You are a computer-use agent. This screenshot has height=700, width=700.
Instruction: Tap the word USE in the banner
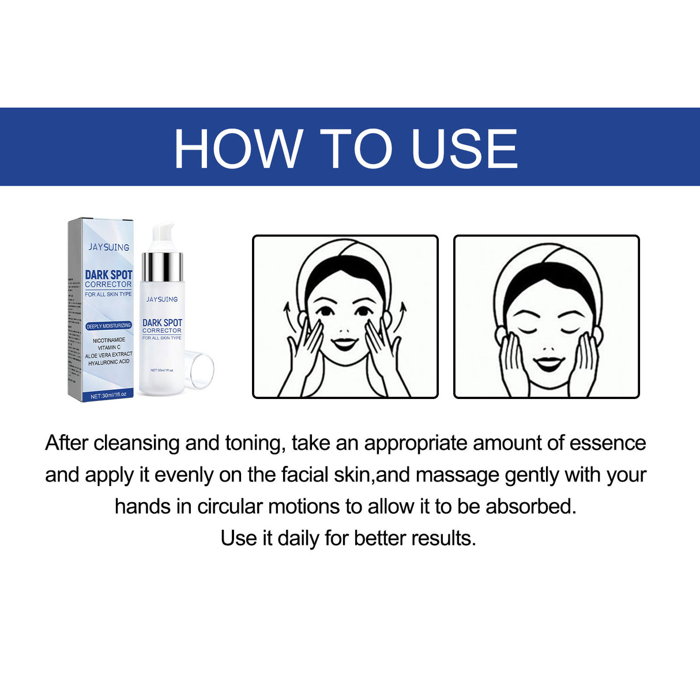(x=464, y=149)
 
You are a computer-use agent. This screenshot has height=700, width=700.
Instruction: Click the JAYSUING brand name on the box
(x=108, y=247)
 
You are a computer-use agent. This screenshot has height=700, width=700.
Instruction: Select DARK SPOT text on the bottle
(x=162, y=323)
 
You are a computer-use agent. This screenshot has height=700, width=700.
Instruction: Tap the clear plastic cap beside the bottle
(x=199, y=370)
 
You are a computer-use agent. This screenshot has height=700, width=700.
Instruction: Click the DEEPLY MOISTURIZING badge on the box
(x=108, y=326)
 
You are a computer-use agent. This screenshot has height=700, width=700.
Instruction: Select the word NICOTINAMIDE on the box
(x=108, y=340)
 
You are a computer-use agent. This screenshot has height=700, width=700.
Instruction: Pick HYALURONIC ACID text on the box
(x=108, y=362)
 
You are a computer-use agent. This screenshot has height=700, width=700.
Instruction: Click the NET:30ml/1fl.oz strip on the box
(x=108, y=396)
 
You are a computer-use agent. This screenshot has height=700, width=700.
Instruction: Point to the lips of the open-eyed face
(x=345, y=344)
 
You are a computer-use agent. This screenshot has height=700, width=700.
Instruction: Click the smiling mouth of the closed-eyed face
(x=548, y=363)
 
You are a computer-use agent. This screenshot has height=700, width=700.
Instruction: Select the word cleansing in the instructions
(x=137, y=443)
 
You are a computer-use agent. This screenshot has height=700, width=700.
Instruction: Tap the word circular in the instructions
(x=229, y=507)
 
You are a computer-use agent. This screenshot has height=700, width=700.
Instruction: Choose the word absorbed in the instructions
(x=530, y=507)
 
